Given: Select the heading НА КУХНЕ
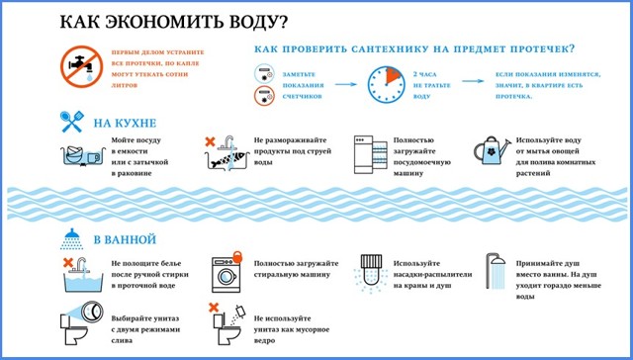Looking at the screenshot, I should (127, 123).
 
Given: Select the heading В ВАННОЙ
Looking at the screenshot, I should (127, 240).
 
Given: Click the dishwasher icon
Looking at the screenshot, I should (369, 154).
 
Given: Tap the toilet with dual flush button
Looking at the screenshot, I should (78, 325).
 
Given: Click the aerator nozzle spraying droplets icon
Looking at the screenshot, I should (370, 276).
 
